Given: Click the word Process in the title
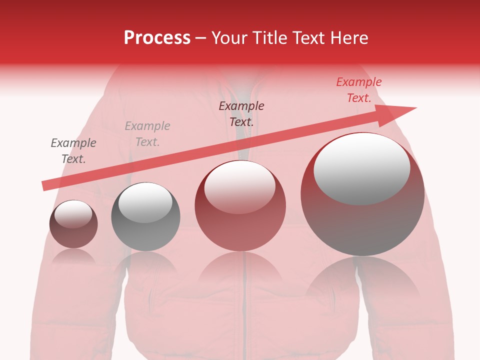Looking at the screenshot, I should tap(157, 38).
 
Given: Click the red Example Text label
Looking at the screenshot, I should tap(359, 90).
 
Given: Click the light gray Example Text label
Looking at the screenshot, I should tap(147, 134).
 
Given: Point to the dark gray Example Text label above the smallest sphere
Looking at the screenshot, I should tap(73, 151).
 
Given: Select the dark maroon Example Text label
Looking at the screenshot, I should tap(241, 113).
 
